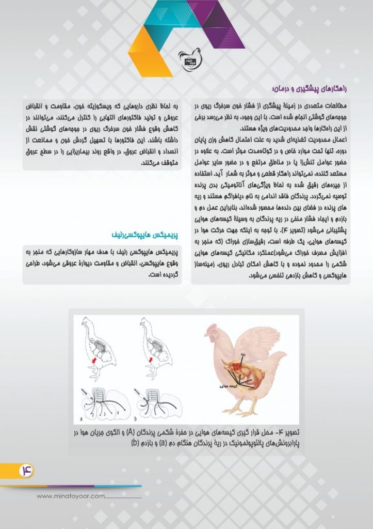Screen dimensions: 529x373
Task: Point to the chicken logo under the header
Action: point(188,58)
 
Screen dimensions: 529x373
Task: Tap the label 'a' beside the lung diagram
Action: point(82,417)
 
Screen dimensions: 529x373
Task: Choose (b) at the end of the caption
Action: point(135,443)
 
